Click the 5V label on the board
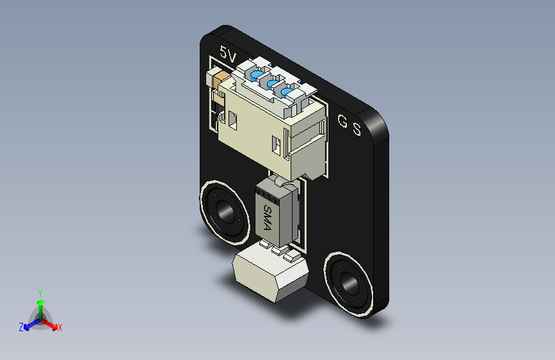point(228,54)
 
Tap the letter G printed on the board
point(342,121)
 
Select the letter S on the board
point(357,129)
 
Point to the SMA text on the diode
point(268,218)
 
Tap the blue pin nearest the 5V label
point(257,75)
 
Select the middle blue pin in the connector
point(272,85)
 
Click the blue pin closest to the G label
point(286,93)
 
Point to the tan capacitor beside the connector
point(221,81)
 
